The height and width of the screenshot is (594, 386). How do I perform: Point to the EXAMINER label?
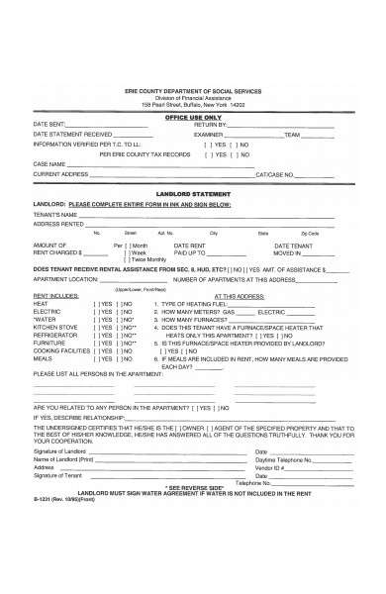212,135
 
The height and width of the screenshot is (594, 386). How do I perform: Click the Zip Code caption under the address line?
310,233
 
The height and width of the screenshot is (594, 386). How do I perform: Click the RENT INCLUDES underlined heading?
54,296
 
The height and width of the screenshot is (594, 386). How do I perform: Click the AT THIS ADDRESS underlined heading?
235,296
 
